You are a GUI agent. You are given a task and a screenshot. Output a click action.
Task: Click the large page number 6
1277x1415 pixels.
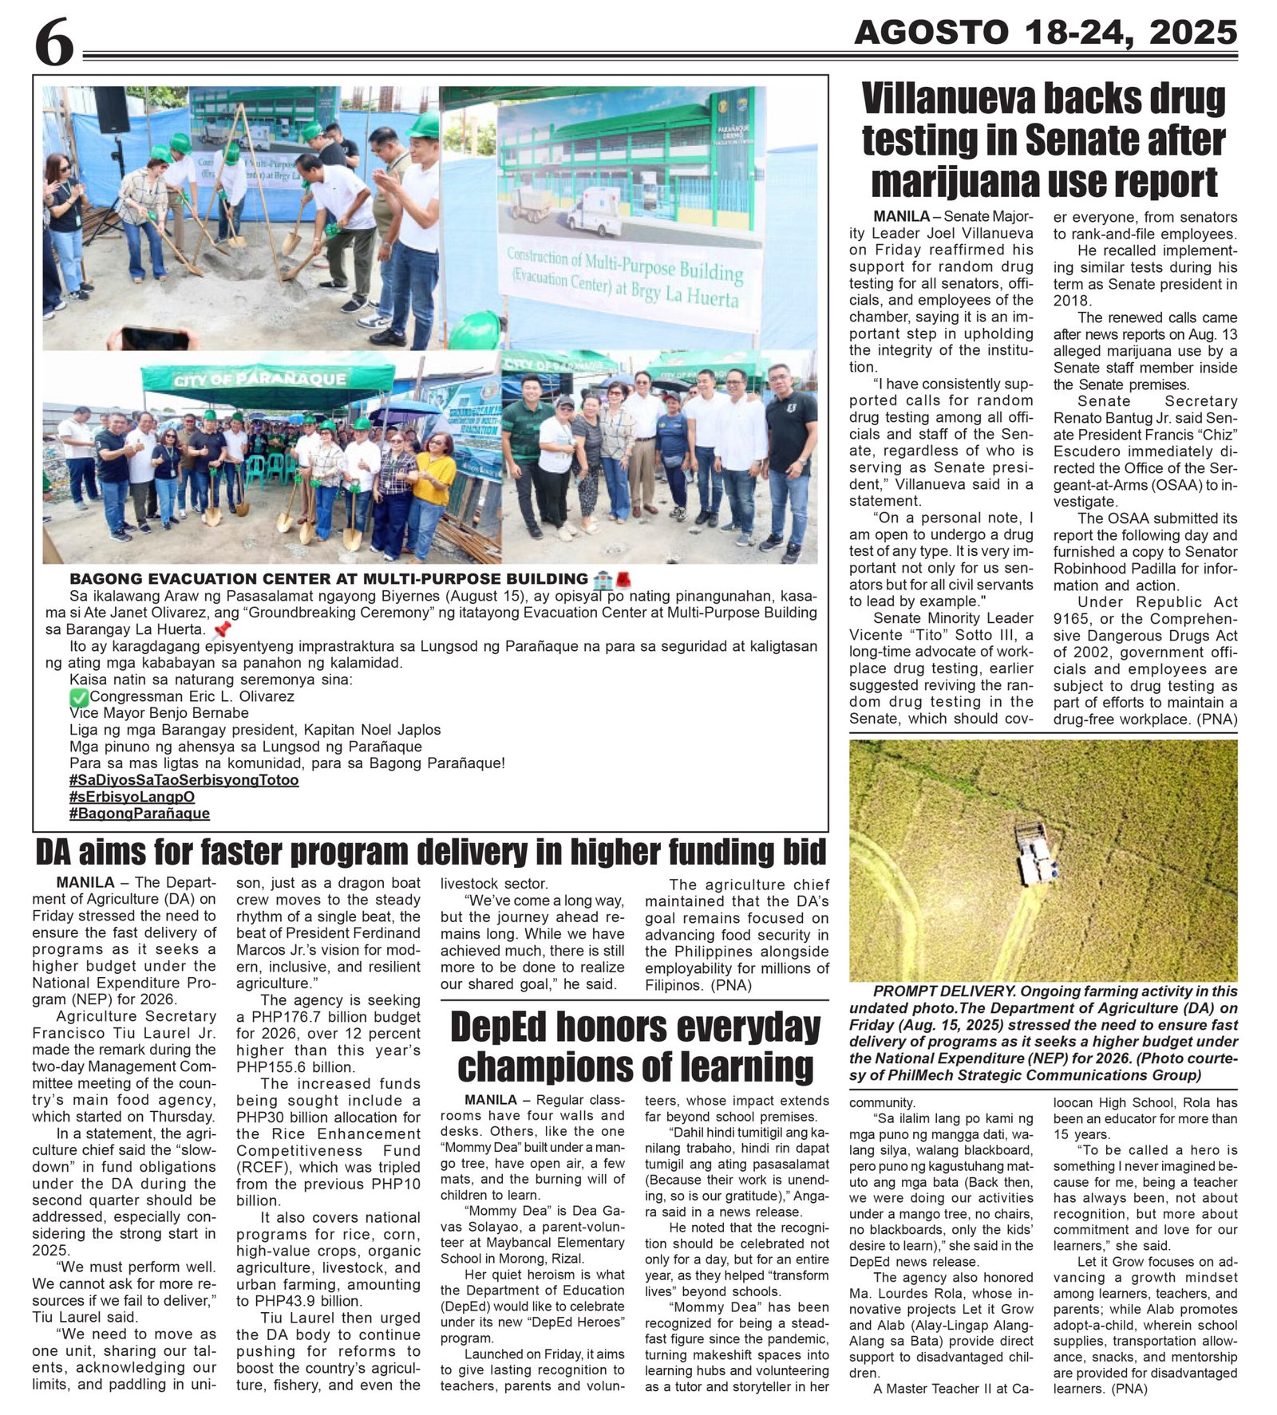(53, 44)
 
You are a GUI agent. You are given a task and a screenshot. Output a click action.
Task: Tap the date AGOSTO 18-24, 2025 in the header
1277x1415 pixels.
(1046, 33)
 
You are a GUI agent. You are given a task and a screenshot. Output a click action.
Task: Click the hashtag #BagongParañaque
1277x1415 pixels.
(140, 814)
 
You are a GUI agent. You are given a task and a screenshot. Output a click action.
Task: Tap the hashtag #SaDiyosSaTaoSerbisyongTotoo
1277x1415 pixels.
(184, 780)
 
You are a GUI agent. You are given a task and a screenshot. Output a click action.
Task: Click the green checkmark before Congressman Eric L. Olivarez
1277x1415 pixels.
(78, 697)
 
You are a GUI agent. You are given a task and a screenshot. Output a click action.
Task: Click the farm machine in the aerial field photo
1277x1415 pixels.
(1035, 853)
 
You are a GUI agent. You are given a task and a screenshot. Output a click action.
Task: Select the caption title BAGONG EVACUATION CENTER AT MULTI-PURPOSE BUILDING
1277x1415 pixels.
(328, 579)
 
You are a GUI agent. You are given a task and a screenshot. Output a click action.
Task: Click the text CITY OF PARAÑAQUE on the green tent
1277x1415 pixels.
(260, 379)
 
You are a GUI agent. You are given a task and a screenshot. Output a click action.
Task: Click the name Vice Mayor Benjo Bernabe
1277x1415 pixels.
(159, 713)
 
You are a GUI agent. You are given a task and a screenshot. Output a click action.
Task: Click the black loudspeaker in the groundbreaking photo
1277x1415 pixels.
(112, 110)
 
